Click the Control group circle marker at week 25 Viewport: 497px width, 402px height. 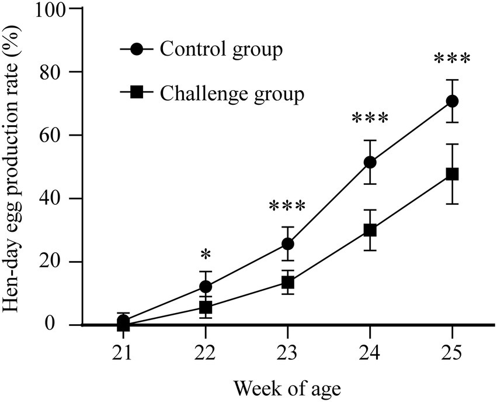(451, 101)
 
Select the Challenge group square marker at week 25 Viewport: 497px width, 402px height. (451, 174)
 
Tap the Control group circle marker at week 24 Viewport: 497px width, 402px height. (370, 162)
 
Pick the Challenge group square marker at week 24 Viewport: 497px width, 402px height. (370, 230)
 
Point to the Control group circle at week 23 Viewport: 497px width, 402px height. (287, 243)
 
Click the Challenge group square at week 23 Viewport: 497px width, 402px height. (287, 282)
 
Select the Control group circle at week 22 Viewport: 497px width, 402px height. (206, 286)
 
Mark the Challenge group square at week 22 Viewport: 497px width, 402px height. (206, 307)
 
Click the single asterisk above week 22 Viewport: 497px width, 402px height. (206, 256)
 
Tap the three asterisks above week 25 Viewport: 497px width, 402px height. (451, 60)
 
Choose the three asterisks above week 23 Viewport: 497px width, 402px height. (287, 207)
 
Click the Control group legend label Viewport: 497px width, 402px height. (221, 49)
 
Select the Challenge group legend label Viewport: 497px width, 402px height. (232, 93)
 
